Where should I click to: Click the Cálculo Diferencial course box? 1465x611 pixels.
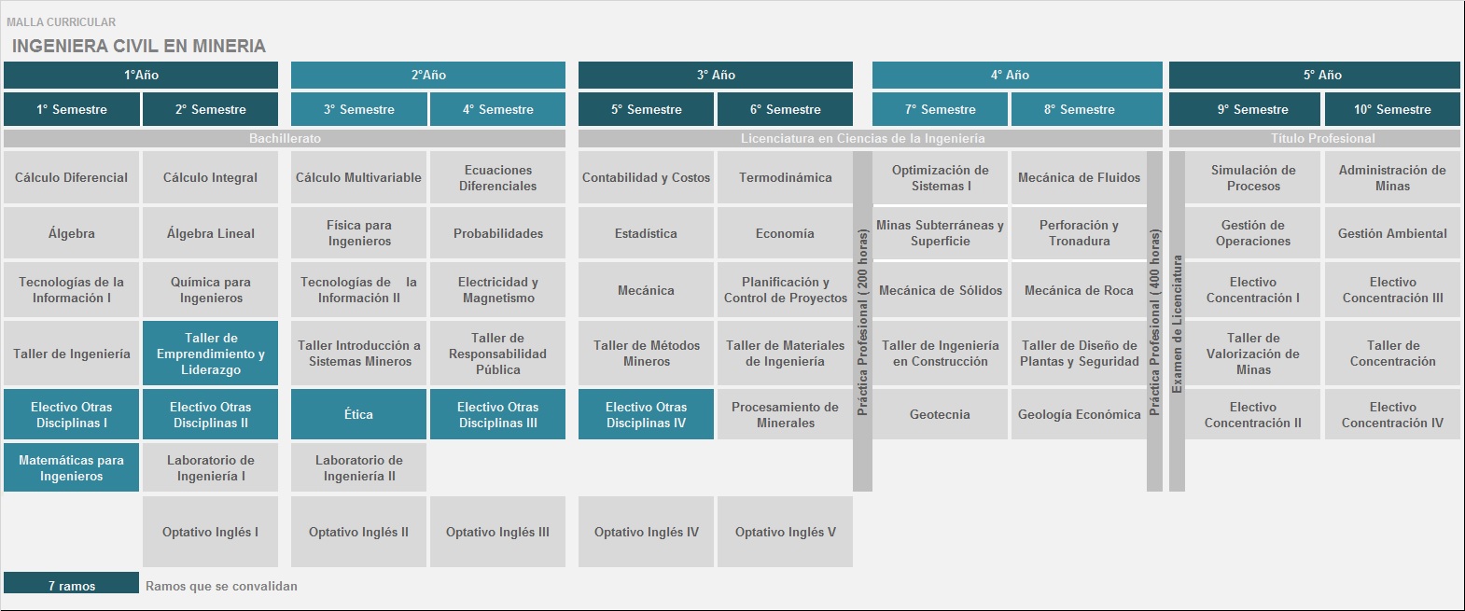71,177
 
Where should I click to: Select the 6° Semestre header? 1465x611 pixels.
785,109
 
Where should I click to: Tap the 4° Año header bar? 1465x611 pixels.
1017,75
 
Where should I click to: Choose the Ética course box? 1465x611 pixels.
358,414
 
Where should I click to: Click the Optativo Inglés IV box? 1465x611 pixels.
646,532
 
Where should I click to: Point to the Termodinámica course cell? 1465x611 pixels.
785,177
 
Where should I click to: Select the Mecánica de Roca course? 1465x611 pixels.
1079,290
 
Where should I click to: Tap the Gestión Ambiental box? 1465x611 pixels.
1392,233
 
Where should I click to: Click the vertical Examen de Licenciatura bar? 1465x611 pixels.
1178,322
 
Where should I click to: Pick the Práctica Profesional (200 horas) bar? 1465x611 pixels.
862,322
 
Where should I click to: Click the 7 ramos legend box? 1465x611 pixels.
71,583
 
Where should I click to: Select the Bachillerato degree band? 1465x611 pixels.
285,139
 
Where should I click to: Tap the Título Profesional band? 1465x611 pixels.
1315,139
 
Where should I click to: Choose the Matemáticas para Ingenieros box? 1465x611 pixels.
71,467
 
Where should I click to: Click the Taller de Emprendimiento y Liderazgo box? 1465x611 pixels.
210,353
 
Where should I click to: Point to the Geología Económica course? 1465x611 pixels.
1079,414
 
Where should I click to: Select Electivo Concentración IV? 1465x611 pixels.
1392,414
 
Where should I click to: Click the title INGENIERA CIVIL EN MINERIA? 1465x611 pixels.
139,46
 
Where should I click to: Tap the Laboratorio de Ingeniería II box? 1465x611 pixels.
358,467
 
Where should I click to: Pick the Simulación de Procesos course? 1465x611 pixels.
1253,177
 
